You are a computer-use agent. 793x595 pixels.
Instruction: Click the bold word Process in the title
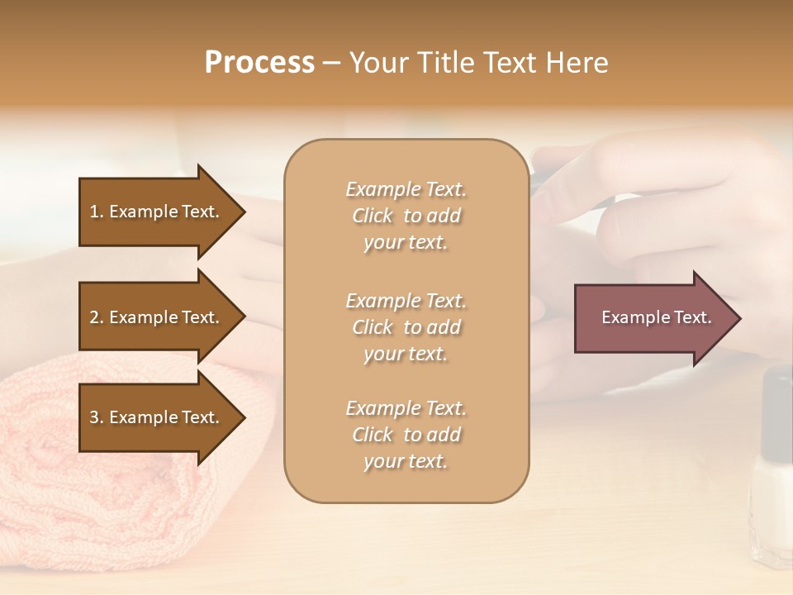[x=259, y=63]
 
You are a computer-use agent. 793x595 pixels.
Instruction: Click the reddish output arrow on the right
[x=653, y=317]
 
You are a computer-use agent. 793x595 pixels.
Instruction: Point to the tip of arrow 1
[x=244, y=212]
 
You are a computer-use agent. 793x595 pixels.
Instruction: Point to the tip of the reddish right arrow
[x=739, y=318]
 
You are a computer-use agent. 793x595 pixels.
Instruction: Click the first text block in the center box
[x=406, y=216]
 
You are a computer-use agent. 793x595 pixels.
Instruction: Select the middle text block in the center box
[x=406, y=326]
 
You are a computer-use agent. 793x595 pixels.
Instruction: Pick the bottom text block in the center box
[x=406, y=435]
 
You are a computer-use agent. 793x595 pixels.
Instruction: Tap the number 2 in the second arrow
[x=94, y=317]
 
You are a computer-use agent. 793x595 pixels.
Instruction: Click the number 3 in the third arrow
[x=94, y=417]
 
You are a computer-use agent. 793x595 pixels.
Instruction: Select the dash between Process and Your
[x=332, y=63]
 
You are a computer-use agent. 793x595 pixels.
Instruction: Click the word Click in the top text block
[x=373, y=216]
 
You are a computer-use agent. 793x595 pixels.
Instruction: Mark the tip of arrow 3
[x=244, y=417]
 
